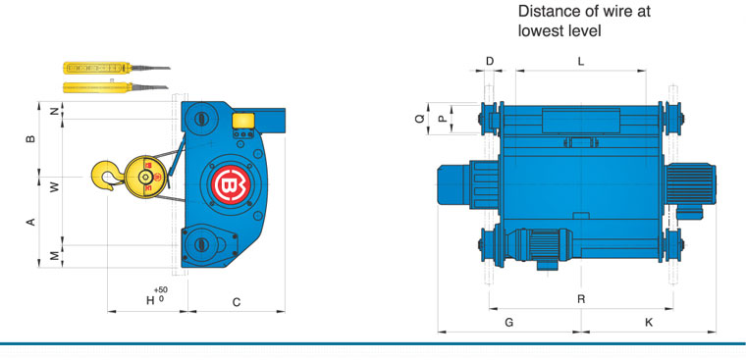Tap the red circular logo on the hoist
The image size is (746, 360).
(x=231, y=184)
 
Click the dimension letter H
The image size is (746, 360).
(x=150, y=300)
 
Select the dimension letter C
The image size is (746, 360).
(x=236, y=302)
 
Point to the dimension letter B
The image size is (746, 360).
(x=30, y=139)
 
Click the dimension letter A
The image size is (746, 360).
(x=30, y=222)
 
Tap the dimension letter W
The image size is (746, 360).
(x=55, y=187)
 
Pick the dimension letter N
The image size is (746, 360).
(x=55, y=111)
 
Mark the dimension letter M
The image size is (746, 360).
(x=55, y=256)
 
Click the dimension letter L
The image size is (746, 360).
(x=580, y=61)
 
